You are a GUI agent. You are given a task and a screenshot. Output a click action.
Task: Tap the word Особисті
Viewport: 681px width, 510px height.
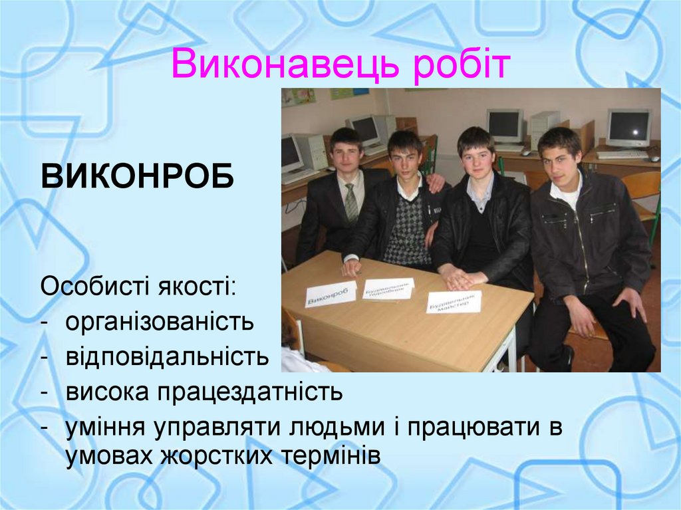click(x=94, y=287)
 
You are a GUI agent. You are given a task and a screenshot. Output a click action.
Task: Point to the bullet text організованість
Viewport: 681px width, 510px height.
click(x=160, y=322)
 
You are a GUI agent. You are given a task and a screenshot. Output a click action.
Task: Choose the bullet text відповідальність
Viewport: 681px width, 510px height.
click(x=167, y=357)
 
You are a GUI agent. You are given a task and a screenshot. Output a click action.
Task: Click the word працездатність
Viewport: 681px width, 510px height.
click(x=250, y=392)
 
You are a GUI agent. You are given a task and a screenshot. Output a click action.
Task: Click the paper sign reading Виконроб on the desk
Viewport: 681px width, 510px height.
click(x=330, y=293)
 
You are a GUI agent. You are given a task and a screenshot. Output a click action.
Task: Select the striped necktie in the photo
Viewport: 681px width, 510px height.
click(x=351, y=203)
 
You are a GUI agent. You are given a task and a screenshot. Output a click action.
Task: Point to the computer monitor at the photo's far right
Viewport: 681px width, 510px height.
click(x=628, y=127)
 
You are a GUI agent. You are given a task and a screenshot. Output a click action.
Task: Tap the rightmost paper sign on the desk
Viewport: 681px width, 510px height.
click(x=454, y=302)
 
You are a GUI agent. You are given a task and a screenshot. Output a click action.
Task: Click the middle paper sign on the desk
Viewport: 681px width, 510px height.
click(x=388, y=288)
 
